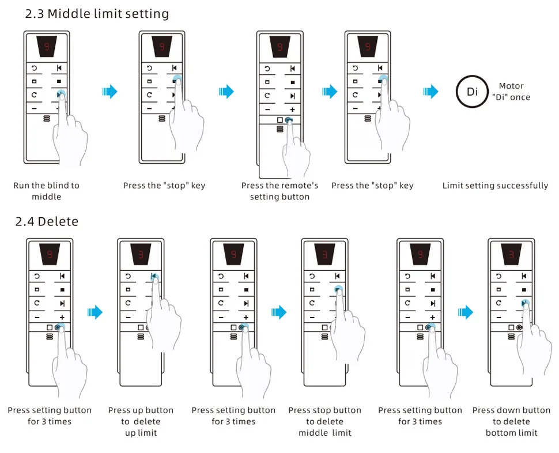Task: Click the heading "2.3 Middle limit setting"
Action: (x=97, y=14)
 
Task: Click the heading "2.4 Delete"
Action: (x=47, y=221)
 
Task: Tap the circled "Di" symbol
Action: (x=472, y=92)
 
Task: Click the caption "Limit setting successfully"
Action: (x=495, y=186)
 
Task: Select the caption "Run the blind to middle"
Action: (x=46, y=191)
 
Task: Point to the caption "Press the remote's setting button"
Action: (x=279, y=191)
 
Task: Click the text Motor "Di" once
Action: (x=511, y=92)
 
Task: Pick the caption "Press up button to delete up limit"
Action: (x=141, y=421)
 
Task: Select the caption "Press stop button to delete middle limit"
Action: (x=324, y=421)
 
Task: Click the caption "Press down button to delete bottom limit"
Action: (x=511, y=421)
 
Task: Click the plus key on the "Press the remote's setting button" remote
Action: (x=292, y=110)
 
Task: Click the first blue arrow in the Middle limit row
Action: (x=109, y=91)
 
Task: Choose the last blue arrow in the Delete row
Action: (x=466, y=312)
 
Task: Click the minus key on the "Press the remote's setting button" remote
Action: (x=267, y=110)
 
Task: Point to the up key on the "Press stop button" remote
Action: (x=338, y=276)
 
